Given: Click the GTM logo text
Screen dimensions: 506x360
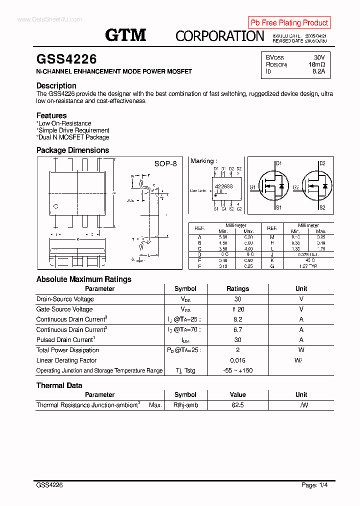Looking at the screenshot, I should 125,35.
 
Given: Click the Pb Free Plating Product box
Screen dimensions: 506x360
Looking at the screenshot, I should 289,22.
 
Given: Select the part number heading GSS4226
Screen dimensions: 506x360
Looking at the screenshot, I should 66,59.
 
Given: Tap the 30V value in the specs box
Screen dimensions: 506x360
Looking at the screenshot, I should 319,57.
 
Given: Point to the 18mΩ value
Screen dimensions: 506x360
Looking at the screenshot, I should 316,64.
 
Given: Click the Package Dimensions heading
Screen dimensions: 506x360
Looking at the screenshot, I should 72,150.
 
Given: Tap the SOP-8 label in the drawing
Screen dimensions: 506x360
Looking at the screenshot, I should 165,164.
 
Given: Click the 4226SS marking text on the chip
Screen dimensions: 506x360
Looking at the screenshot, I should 223,186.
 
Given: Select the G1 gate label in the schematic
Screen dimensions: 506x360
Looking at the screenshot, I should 253,187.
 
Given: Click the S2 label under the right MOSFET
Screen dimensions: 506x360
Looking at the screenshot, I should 322,207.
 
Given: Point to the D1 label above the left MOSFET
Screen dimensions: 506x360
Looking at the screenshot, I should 279,163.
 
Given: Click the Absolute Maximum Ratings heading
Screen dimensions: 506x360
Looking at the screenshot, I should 84,279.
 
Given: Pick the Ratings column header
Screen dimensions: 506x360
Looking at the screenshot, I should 237,289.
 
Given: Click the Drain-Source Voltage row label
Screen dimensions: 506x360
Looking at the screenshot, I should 65,299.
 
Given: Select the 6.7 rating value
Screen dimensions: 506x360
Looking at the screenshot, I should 237,330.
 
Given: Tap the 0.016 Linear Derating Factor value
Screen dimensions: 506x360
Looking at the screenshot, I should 237,360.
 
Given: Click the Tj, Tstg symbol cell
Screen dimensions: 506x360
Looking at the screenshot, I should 185,370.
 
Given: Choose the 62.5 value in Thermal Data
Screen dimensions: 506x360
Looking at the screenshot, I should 237,405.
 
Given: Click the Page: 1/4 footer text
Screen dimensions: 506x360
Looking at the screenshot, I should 314,485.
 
